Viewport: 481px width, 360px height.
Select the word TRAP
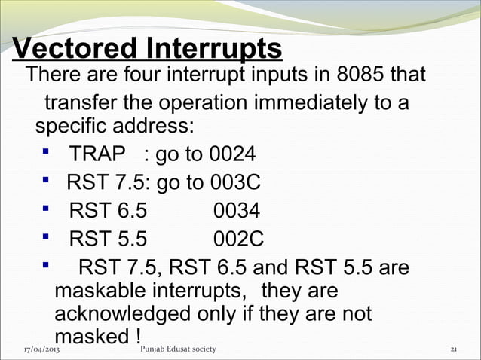click(97, 155)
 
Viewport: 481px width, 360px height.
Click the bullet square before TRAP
click(47, 154)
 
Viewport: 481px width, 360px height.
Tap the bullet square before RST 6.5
click(47, 210)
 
